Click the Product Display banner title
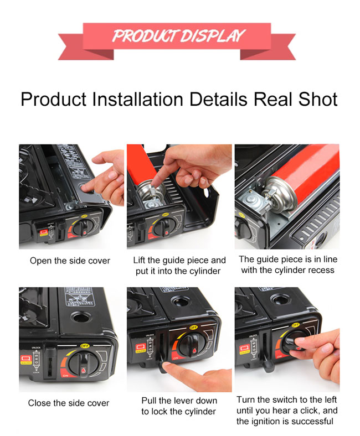click(x=178, y=36)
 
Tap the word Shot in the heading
click(x=317, y=100)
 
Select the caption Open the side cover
click(x=70, y=261)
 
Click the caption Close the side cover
click(x=69, y=403)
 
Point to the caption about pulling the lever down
click(x=179, y=406)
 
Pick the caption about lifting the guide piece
click(x=179, y=266)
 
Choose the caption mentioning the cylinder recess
click(x=287, y=264)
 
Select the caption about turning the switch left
click(x=287, y=411)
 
